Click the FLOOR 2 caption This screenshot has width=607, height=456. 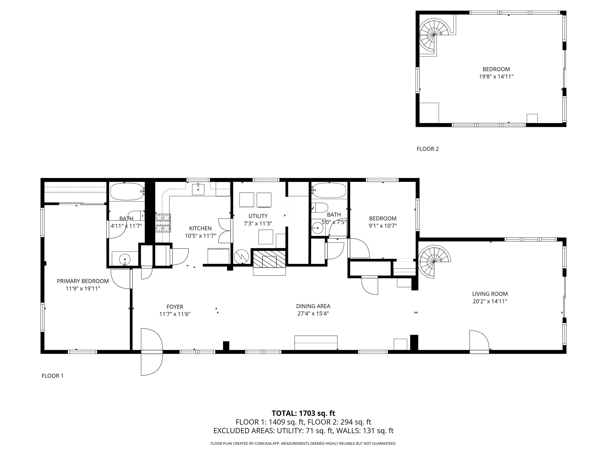tap(427, 149)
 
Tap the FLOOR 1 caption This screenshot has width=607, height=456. tap(52, 376)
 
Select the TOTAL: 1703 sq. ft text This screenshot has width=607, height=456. tap(303, 413)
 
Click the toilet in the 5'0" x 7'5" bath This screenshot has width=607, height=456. tap(320, 207)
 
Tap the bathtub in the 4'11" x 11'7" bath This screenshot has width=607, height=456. tap(127, 192)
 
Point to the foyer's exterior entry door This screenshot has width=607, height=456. tap(152, 352)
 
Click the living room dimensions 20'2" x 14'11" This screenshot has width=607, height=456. tap(490, 301)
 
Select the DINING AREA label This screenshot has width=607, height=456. tap(313, 306)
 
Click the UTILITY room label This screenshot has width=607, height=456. tap(258, 216)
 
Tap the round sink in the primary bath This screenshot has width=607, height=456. tap(125, 259)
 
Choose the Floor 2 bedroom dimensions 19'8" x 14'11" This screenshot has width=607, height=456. tap(496, 77)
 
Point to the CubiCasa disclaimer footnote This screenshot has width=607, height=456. tap(303, 443)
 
